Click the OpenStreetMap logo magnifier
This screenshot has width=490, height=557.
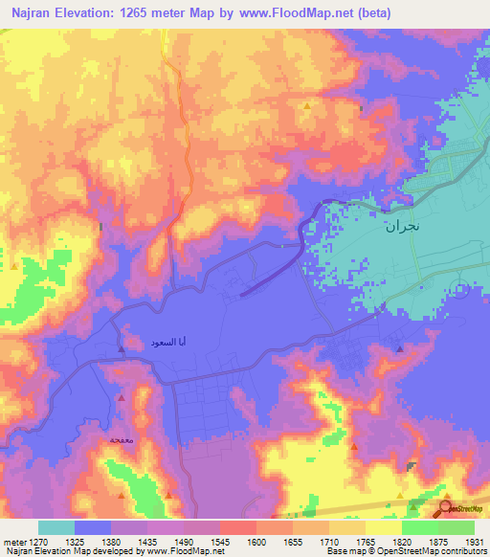pyautogui.click(x=445, y=508)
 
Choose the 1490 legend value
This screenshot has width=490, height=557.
pyautogui.click(x=187, y=541)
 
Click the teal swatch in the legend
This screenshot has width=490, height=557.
pyautogui.click(x=56, y=527)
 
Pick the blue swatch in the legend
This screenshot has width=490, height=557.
pyautogui.click(x=93, y=527)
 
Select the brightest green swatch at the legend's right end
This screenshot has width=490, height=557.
pyautogui.click(x=457, y=527)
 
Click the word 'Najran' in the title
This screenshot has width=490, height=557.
pyautogui.click(x=31, y=14)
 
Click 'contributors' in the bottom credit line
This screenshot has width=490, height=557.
pyautogui.click(x=463, y=552)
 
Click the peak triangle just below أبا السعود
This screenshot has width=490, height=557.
pyautogui.click(x=121, y=349)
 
